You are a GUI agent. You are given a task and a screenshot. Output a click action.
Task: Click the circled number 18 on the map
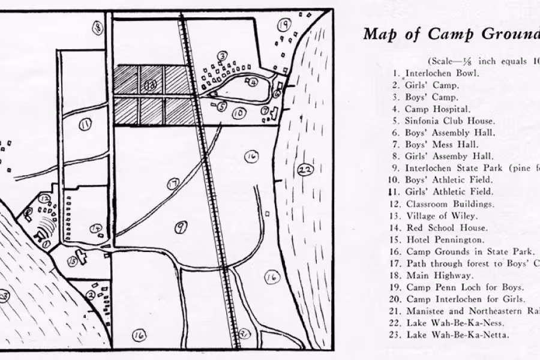[x=97, y=26]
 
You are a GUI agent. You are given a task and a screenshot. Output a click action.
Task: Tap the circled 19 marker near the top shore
[x=284, y=25]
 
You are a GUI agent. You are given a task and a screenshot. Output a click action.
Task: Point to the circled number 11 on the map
[x=85, y=124]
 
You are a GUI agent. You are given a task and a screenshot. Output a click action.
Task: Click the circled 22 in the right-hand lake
[x=305, y=170]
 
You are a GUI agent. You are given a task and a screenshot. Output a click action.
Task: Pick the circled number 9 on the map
[x=181, y=226]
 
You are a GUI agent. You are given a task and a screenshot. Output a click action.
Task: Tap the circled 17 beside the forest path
[x=173, y=184]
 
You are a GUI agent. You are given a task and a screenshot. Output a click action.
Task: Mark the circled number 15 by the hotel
[x=73, y=261]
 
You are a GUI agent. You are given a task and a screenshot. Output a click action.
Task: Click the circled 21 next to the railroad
[x=244, y=334]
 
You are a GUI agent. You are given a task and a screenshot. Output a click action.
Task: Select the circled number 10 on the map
[x=239, y=113]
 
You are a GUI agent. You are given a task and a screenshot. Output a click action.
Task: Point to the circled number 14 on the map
[x=96, y=228]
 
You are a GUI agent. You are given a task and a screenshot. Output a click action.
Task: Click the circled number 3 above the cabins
[x=222, y=56]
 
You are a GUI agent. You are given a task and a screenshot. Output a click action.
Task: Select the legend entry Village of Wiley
[x=442, y=216]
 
